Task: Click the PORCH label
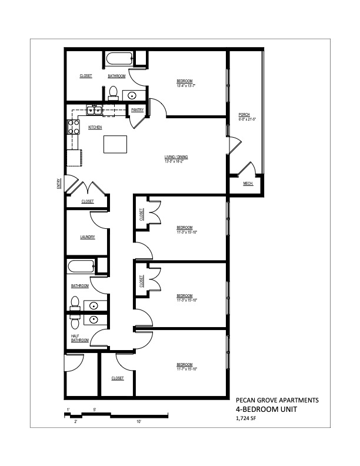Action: click(244, 114)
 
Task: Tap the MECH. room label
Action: click(248, 184)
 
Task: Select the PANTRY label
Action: click(138, 109)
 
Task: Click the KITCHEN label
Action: click(95, 127)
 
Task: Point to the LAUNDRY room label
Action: click(88, 237)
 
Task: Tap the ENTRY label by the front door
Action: click(59, 184)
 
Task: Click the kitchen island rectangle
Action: click(114, 144)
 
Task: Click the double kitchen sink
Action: click(94, 109)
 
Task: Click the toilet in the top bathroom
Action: click(114, 92)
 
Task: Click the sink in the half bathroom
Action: click(95, 319)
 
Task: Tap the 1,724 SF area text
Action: click(245, 419)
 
